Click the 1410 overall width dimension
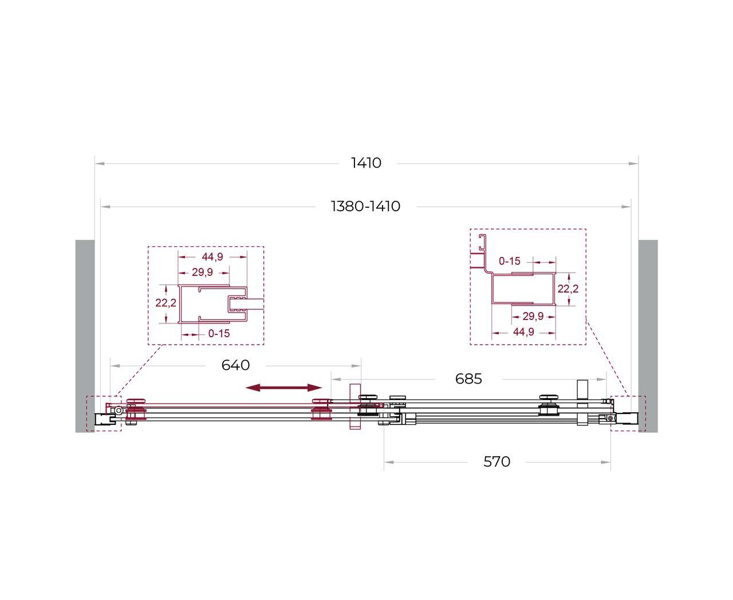click(x=366, y=163)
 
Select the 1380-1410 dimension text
click(x=365, y=206)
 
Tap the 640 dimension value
click(x=235, y=365)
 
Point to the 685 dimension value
click(x=468, y=378)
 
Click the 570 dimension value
click(x=496, y=461)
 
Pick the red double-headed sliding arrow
click(x=283, y=388)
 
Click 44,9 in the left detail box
click(x=212, y=256)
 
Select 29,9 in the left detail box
click(x=202, y=272)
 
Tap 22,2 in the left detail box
click(x=165, y=303)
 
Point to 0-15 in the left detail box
click(x=219, y=334)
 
